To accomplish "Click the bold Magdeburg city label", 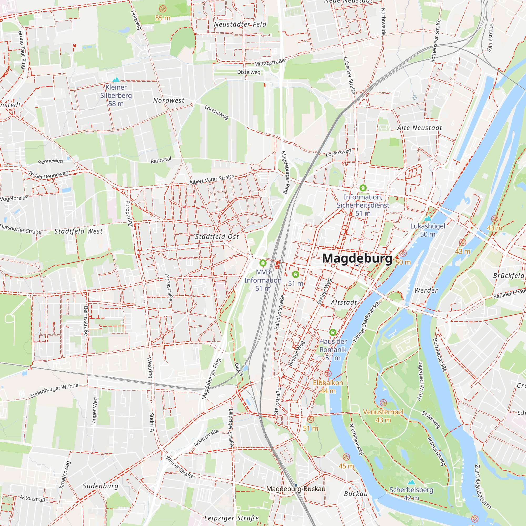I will [357, 258].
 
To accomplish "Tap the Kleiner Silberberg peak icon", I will [116, 80].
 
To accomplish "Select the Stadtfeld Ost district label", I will [217, 237].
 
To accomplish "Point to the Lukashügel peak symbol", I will [428, 218].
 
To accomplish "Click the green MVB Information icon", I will [263, 263].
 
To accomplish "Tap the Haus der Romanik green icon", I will [333, 332].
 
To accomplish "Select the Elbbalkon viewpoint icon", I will [328, 373].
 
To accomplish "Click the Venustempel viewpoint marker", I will [383, 403].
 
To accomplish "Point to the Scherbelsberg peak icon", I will [411, 482].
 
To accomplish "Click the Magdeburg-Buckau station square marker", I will [296, 485].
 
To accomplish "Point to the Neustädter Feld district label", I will [240, 24].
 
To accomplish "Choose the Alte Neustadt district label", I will [419, 128].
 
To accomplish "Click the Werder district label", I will [426, 291].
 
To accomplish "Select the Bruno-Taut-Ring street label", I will [22, 49].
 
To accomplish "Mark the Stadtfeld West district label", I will [78, 231].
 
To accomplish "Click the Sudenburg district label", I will [100, 486].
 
